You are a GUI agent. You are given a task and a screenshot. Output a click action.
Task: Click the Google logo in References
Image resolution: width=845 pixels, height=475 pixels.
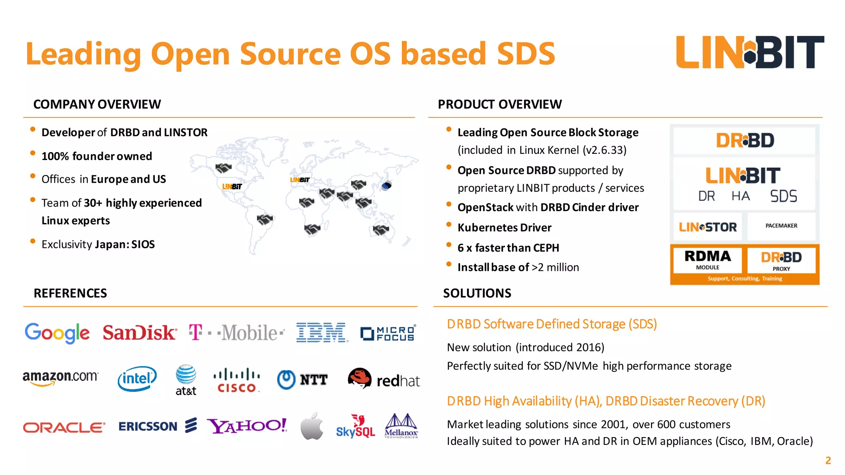pyautogui.click(x=57, y=333)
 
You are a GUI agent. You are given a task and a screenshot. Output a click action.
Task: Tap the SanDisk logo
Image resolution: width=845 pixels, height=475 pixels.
pyautogui.click(x=139, y=333)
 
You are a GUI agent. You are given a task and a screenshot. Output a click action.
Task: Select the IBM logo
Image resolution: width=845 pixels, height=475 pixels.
pyautogui.click(x=322, y=333)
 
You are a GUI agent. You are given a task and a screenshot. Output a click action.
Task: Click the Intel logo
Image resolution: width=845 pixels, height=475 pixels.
pyautogui.click(x=137, y=379)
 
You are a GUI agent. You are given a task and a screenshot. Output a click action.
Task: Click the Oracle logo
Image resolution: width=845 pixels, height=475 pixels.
pyautogui.click(x=64, y=427)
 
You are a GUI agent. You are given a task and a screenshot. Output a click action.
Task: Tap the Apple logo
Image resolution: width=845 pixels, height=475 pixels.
pyautogui.click(x=312, y=426)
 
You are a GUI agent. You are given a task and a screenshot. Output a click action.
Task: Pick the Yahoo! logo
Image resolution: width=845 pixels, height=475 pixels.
pyautogui.click(x=246, y=426)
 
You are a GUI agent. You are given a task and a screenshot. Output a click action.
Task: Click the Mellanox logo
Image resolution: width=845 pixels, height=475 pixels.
pyautogui.click(x=401, y=426)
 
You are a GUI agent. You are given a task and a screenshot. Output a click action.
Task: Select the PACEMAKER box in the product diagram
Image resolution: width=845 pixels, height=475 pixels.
pyautogui.click(x=781, y=226)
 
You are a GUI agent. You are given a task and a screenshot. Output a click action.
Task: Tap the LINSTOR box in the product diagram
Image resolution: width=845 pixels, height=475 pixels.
pyautogui.click(x=708, y=227)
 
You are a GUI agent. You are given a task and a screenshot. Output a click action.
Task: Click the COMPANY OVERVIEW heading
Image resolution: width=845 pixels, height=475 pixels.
pyautogui.click(x=97, y=104)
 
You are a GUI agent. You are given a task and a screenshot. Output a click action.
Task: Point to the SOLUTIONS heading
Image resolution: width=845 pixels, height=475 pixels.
pyautogui.click(x=477, y=293)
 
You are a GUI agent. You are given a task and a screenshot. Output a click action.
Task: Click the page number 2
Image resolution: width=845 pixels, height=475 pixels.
pyautogui.click(x=828, y=461)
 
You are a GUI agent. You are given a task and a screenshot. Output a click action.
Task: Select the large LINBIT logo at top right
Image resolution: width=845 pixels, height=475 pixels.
pyautogui.click(x=750, y=52)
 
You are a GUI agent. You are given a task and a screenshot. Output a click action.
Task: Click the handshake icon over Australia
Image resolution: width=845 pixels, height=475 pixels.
pyautogui.click(x=381, y=230)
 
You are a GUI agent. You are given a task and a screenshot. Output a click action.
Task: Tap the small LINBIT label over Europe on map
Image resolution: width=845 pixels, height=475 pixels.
pyautogui.click(x=300, y=180)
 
